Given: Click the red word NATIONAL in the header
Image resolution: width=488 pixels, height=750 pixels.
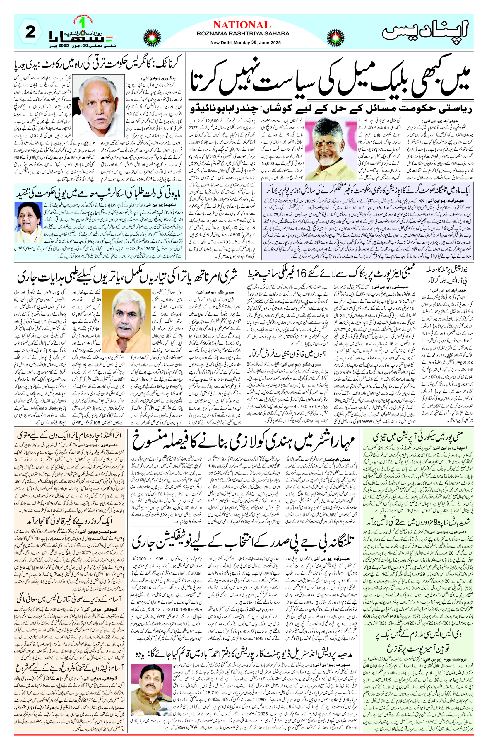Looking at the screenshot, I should [242, 25].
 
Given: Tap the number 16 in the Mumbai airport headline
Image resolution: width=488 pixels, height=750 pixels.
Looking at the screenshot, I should [301, 274].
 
